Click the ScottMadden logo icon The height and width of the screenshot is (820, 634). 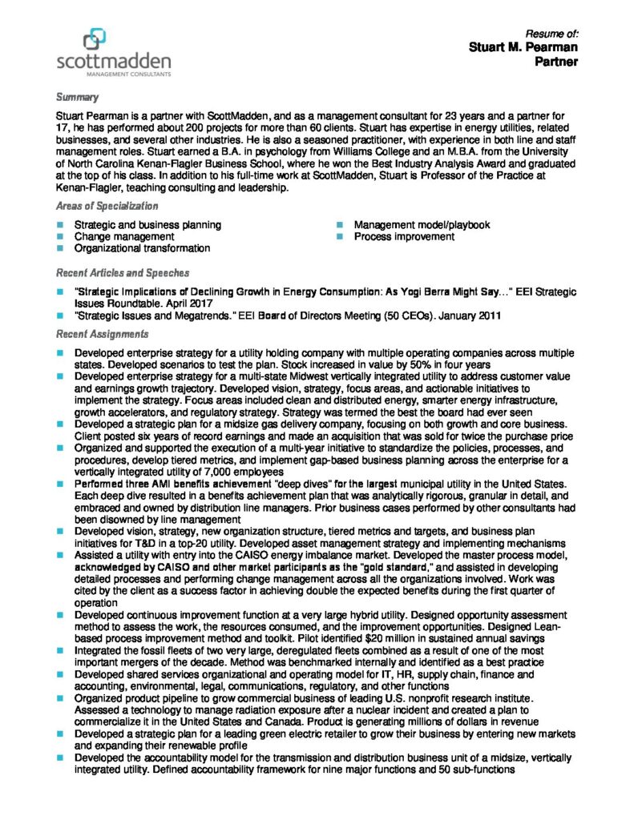click(x=94, y=38)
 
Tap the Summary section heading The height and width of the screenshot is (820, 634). click(x=77, y=98)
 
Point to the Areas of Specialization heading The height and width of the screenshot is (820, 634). click(x=108, y=207)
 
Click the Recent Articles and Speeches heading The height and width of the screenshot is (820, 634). click(x=123, y=274)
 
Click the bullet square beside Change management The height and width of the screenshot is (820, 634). click(x=61, y=237)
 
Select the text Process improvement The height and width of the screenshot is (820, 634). click(x=404, y=237)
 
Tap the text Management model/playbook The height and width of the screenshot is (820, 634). click(x=422, y=226)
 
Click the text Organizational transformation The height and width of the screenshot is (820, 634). click(x=142, y=249)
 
